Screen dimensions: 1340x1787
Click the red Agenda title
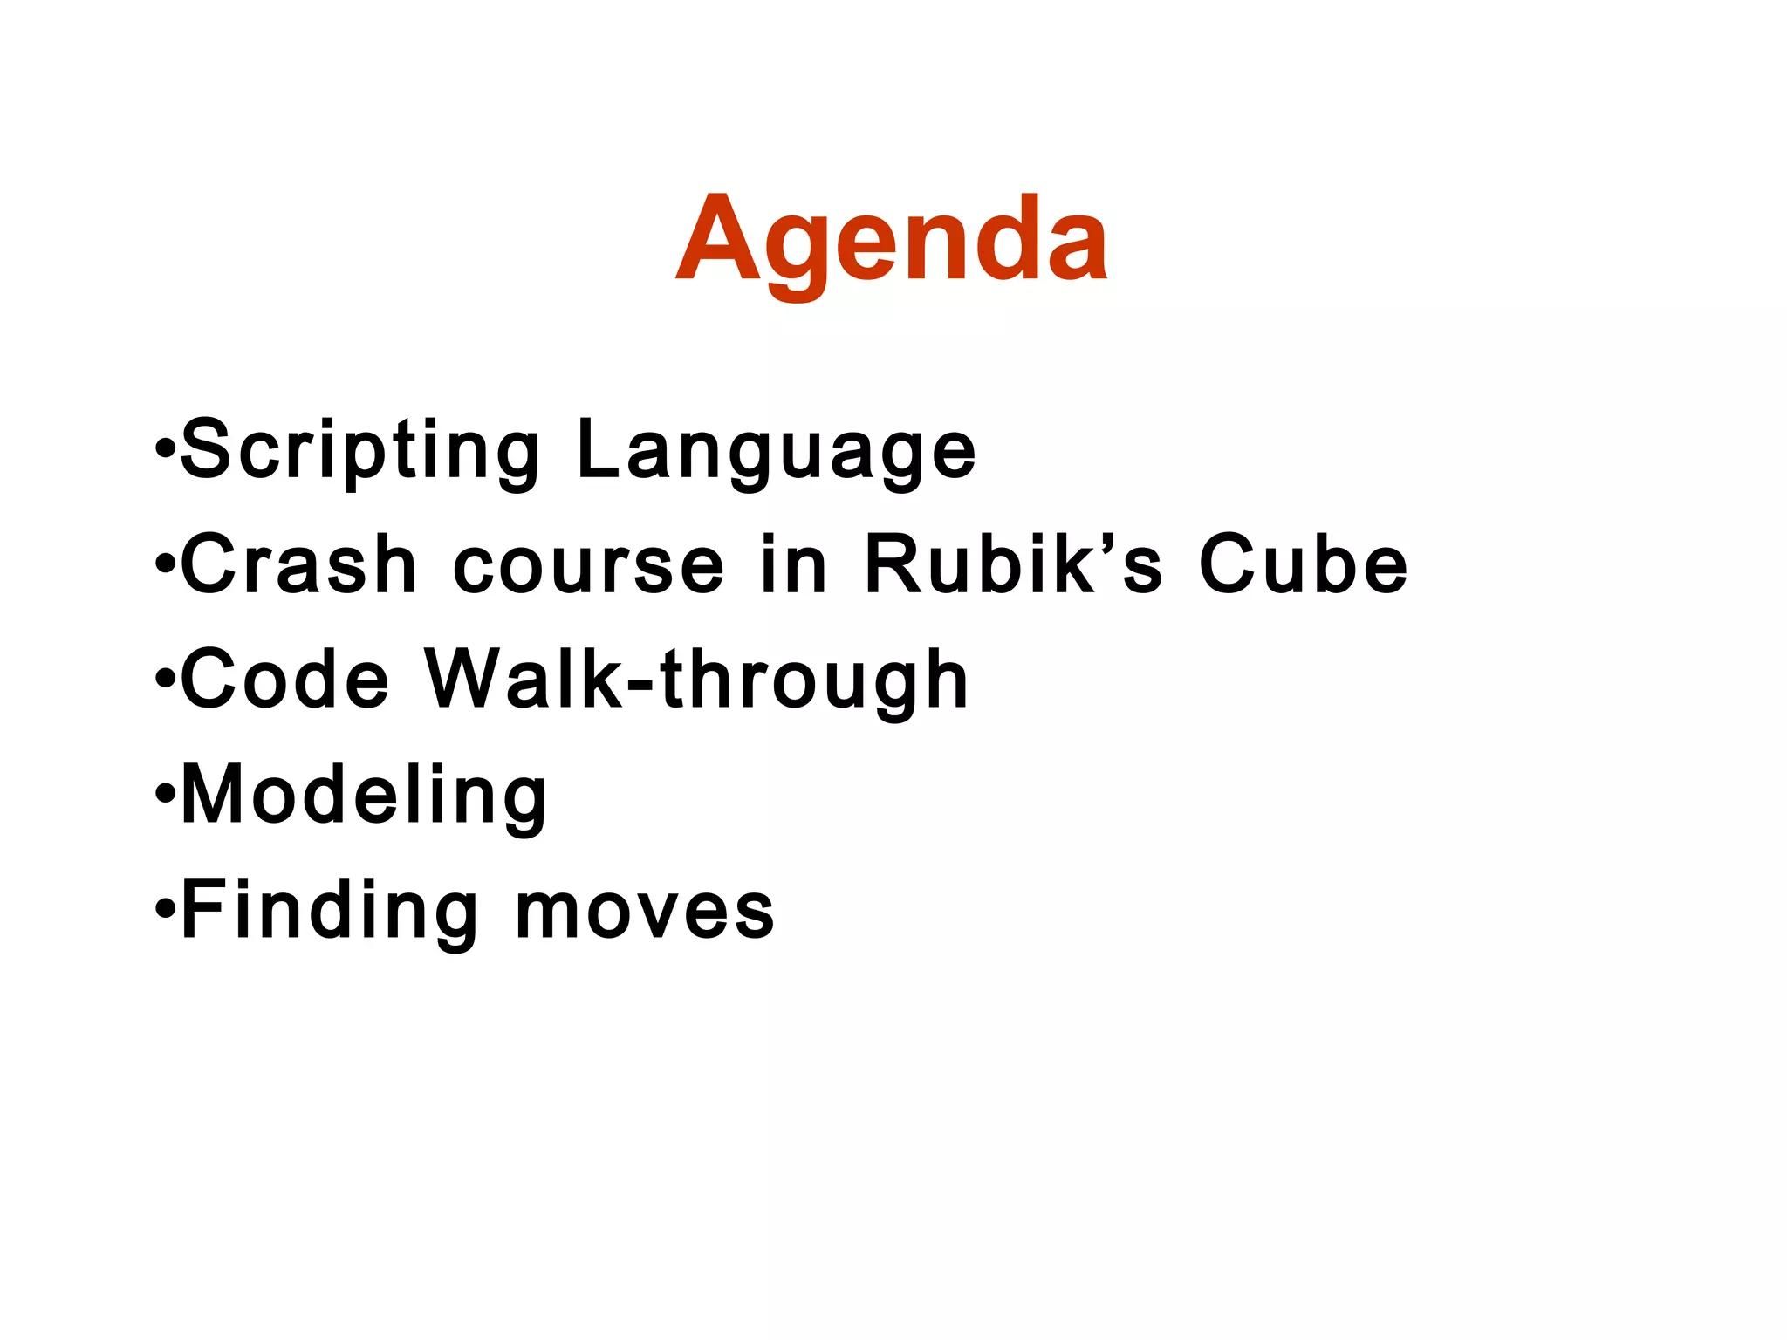tap(892, 240)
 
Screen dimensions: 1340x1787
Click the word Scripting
tap(359, 449)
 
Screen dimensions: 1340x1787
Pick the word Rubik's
tap(1012, 564)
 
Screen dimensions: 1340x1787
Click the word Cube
tap(1304, 564)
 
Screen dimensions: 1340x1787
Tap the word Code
tap(284, 680)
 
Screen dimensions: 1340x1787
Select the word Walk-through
tap(696, 680)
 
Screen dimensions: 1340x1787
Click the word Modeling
tap(364, 796)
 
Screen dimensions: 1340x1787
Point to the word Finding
tap(329, 911)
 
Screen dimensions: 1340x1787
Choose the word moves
tap(645, 913)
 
